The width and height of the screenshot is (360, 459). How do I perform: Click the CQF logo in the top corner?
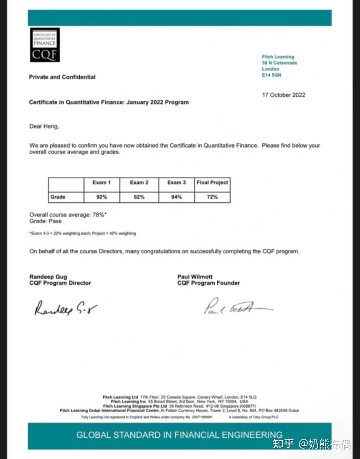[44, 45]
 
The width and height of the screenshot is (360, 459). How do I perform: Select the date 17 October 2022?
[284, 95]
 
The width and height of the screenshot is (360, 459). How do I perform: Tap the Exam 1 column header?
[101, 183]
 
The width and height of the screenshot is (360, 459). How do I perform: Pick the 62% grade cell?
[139, 197]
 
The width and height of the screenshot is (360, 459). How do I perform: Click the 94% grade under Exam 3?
[176, 197]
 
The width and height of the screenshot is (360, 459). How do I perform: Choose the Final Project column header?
[212, 183]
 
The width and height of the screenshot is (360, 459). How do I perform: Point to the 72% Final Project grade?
[212, 197]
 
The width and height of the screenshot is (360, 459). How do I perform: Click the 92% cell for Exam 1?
[101, 197]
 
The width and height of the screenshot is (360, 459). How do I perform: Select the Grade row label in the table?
[58, 197]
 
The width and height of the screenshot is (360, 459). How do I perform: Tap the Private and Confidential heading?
[62, 77]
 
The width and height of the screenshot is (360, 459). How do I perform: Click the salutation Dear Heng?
[44, 126]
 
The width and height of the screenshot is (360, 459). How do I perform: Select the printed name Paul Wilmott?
[195, 277]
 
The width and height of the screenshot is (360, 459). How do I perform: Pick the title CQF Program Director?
[60, 283]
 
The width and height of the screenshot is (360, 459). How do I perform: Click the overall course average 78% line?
[68, 215]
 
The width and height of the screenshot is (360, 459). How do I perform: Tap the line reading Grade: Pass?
[46, 221]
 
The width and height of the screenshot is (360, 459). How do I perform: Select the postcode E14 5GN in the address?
[271, 75]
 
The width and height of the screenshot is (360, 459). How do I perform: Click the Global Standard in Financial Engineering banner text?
[179, 435]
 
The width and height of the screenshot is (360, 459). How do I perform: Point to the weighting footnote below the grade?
[83, 233]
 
